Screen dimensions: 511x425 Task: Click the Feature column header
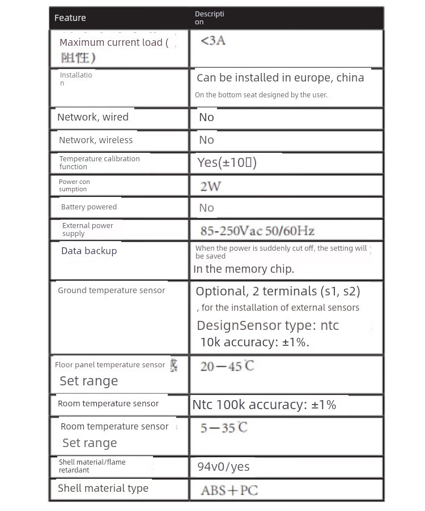coord(70,18)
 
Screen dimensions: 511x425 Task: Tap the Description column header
coord(209,18)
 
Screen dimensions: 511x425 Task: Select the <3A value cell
coord(213,41)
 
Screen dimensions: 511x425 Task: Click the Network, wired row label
coord(93,117)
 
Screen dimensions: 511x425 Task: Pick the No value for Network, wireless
coord(206,140)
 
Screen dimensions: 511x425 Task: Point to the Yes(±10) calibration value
coord(227,162)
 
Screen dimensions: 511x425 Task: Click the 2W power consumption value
coord(210,186)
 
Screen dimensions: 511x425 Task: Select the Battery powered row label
coord(89,207)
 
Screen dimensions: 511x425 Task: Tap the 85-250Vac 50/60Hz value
coord(257,230)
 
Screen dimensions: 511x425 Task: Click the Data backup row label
coord(89,251)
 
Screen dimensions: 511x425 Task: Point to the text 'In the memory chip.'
coord(244,269)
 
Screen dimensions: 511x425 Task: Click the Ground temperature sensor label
coord(112,290)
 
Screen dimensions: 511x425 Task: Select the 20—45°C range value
coord(227,366)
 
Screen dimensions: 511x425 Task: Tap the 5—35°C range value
coord(224,427)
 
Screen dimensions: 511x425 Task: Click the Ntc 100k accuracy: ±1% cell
coord(264,405)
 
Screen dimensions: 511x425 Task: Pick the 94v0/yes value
coord(223,467)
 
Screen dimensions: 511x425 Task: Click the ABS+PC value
coord(229,490)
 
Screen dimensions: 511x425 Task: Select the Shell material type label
coord(103,488)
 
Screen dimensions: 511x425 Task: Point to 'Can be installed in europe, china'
coord(280,78)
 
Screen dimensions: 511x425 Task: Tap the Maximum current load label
coord(113,43)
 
